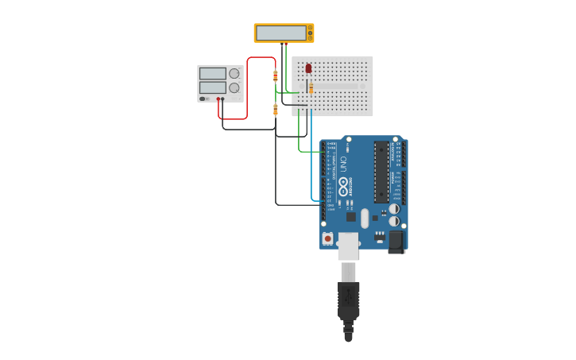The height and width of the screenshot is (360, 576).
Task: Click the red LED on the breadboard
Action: [x=308, y=68]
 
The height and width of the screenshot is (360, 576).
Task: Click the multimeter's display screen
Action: [x=281, y=33]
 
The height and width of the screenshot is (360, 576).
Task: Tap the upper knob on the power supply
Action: [x=234, y=73]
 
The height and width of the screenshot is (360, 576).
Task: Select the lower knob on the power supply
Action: [x=234, y=87]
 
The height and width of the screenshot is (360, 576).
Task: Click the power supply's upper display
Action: [x=212, y=73]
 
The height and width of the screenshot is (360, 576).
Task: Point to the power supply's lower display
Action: [x=212, y=87]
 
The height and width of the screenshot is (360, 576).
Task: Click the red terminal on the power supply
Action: [x=218, y=99]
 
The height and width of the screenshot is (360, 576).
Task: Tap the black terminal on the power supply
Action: [x=223, y=99]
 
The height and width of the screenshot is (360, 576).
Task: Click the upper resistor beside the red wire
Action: [x=276, y=75]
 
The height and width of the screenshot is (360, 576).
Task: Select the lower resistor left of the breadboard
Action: [x=276, y=109]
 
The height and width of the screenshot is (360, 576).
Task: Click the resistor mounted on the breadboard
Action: [x=311, y=87]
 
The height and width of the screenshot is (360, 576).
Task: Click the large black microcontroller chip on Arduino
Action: [x=381, y=172]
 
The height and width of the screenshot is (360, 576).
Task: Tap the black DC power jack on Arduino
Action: [x=396, y=242]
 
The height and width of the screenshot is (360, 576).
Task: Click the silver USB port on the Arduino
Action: [x=348, y=246]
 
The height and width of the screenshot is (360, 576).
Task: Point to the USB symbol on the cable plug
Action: [x=348, y=297]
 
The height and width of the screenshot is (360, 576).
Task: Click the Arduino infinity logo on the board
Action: [x=344, y=187]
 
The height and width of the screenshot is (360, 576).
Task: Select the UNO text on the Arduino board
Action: [x=343, y=165]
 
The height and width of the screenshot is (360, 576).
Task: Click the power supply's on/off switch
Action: [x=204, y=99]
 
